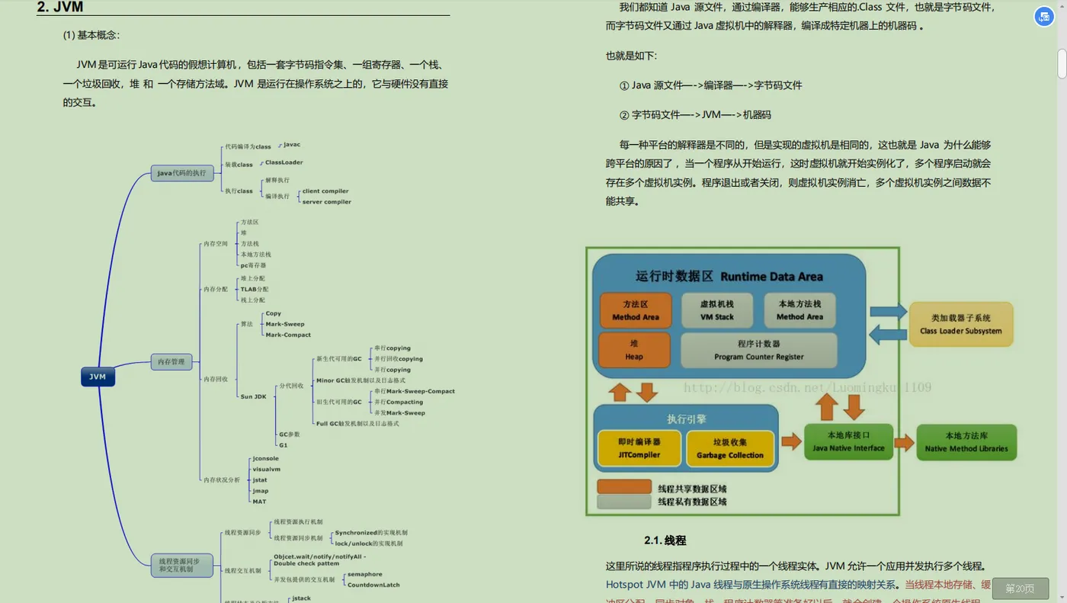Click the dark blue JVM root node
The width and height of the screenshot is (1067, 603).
tap(98, 377)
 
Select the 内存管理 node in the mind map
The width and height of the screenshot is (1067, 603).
tap(171, 361)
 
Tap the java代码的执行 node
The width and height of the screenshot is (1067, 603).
tap(181, 173)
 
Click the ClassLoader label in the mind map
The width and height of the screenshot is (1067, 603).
tap(284, 162)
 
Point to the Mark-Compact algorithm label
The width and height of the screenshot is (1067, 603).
tap(288, 335)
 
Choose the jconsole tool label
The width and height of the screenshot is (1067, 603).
tap(265, 458)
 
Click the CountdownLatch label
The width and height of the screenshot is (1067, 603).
tap(373, 585)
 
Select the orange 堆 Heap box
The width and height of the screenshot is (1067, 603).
tap(634, 350)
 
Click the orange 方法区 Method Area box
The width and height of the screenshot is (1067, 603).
tap(635, 310)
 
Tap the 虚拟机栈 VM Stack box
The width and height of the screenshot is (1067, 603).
tap(716, 310)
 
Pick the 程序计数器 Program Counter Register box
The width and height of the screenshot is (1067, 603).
tap(758, 350)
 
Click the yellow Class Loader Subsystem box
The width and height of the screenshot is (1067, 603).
tap(960, 324)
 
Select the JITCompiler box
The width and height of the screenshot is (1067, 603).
tap(639, 448)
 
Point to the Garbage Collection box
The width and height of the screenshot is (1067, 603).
tap(729, 448)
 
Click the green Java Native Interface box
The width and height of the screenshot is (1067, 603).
tap(848, 441)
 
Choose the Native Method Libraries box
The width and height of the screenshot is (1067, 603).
tap(966, 442)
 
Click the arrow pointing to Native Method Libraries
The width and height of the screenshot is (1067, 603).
tap(904, 442)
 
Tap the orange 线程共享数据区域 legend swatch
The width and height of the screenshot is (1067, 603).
tap(624, 487)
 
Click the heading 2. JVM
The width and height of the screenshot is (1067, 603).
tap(60, 8)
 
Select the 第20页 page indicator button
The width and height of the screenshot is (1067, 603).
tap(1020, 588)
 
